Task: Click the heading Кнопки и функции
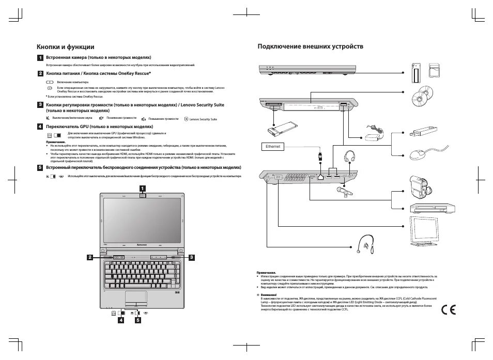[x=65, y=46]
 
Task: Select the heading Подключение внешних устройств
[x=310, y=46]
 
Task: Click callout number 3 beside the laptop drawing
[x=191, y=257]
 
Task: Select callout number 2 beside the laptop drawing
[x=90, y=257]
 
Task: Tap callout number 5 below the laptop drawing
[x=138, y=320]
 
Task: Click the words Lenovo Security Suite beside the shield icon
[x=203, y=119]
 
